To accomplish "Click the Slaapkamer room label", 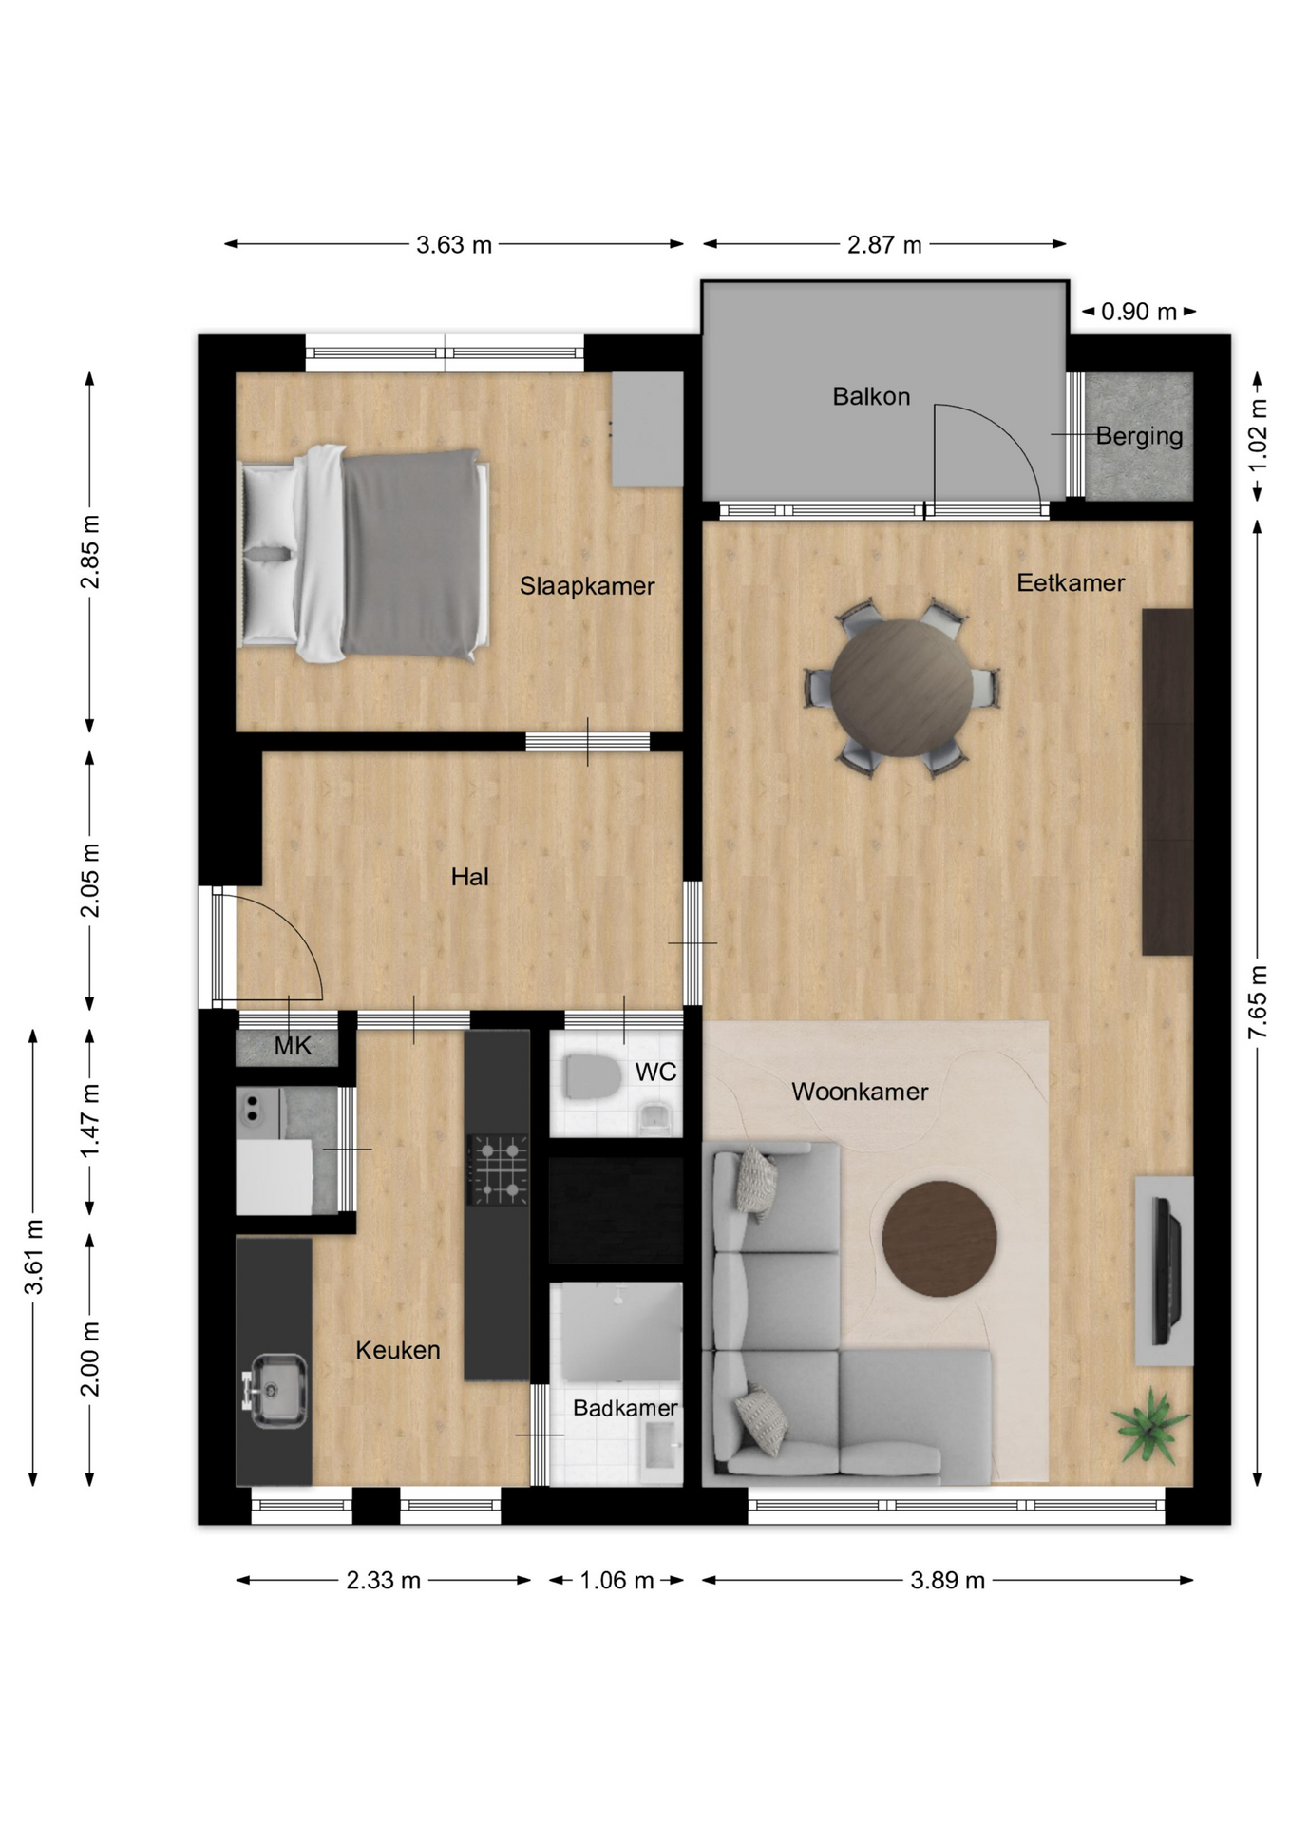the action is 587,586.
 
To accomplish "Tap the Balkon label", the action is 871,396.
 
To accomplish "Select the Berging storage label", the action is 1139,437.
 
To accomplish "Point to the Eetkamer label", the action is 1071,582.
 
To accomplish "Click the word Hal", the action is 470,877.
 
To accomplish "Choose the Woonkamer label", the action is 860,1092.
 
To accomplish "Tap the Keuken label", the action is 398,1350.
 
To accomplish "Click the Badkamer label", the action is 625,1408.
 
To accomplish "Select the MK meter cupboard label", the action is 293,1046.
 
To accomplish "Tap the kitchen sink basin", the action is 277,1391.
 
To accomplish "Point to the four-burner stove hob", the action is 497,1169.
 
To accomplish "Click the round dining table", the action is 901,689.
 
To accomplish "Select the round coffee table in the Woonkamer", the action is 939,1239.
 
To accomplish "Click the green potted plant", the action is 1150,1425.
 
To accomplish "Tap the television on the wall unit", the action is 1166,1271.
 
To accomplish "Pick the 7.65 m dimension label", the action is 1258,1001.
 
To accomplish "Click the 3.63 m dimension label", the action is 454,245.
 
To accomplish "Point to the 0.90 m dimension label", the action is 1139,312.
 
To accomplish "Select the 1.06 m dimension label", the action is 617,1581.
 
